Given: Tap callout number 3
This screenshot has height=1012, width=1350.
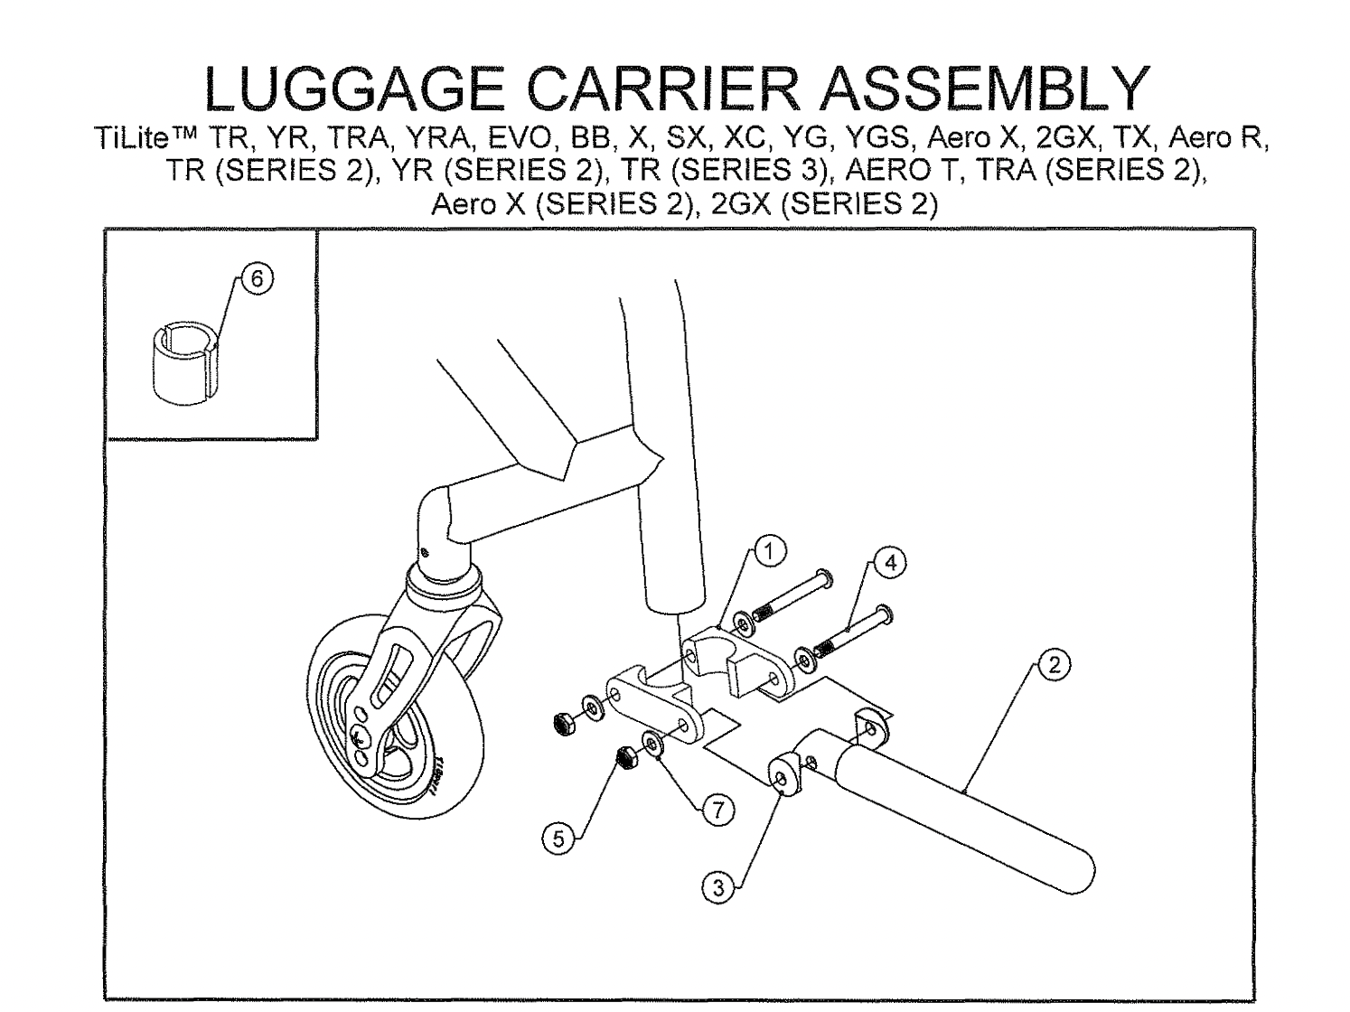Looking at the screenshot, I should point(718,887).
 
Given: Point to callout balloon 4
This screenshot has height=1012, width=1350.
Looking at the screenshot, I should point(890,562).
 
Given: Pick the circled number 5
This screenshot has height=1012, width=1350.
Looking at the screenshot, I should point(558,839).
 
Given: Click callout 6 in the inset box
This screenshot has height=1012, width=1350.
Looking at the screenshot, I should point(258,279).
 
